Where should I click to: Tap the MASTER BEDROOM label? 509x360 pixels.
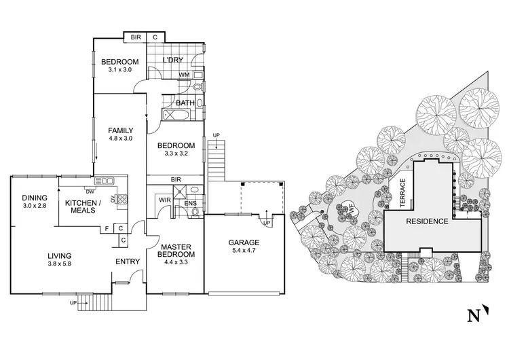pos(176,250)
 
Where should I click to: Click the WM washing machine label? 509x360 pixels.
pos(183,75)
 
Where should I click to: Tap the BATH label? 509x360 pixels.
pos(185,103)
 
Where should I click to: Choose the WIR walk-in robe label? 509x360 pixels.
pos(164,200)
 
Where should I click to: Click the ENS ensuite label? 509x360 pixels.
pos(191,202)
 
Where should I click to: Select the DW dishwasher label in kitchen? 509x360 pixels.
pos(88,190)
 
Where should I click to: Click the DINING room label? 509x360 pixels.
pos(33,197)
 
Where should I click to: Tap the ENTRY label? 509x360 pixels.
pos(127,262)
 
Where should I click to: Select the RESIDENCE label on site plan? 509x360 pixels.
pos(426,221)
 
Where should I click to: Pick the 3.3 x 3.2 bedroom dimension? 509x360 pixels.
pos(176,154)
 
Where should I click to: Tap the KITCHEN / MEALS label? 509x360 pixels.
pos(83,206)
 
